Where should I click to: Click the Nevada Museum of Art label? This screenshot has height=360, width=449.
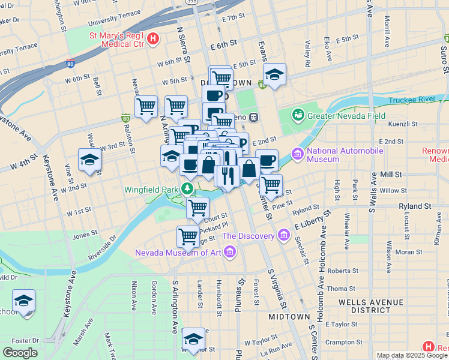click(178, 252)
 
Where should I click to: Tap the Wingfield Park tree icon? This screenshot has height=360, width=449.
click(188, 190)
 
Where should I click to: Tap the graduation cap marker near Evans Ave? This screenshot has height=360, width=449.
click(274, 74)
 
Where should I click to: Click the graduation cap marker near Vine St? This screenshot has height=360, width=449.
click(89, 160)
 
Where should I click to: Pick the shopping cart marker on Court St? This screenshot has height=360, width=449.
click(197, 208)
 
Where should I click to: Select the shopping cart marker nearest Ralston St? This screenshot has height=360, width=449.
click(146, 107)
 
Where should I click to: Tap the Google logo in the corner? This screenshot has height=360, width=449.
click(20, 353)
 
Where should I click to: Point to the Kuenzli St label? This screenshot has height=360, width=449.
click(403, 124)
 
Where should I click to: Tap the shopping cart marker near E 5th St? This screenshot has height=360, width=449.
click(221, 77)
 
